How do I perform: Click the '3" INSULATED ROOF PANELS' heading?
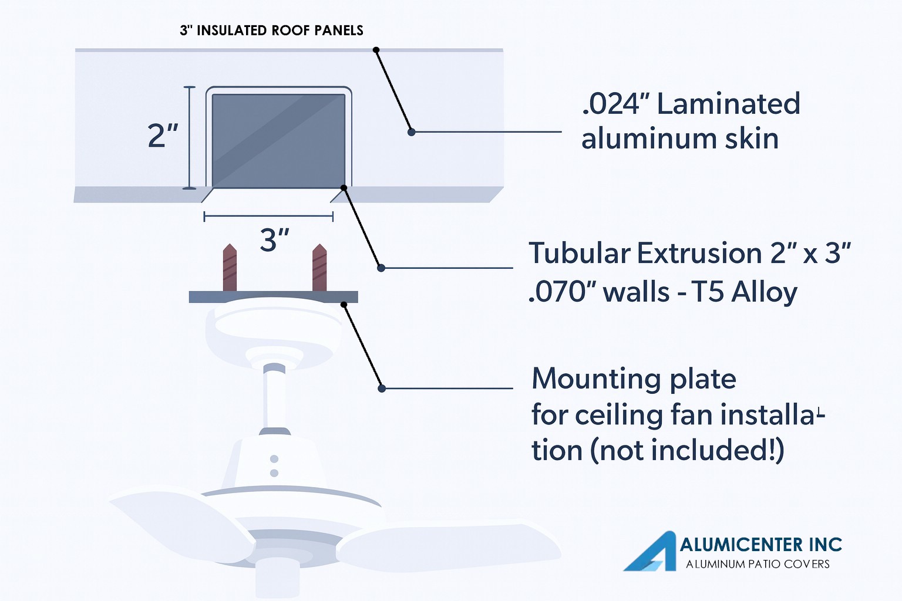pyautogui.click(x=271, y=31)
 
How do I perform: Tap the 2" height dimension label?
pyautogui.click(x=163, y=136)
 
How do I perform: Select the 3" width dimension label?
pyautogui.click(x=274, y=240)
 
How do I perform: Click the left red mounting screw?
pyautogui.click(x=230, y=267)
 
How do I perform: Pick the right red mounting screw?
pyautogui.click(x=319, y=267)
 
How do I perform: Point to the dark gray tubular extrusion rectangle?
pyautogui.click(x=279, y=140)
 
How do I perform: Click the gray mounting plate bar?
pyautogui.click(x=274, y=296)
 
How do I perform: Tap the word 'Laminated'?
pyautogui.click(x=728, y=104)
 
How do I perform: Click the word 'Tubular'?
pyautogui.click(x=580, y=253)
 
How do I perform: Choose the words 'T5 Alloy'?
pyautogui.click(x=744, y=293)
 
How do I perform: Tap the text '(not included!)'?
pyautogui.click(x=688, y=450)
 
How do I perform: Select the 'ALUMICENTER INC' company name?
pyautogui.click(x=760, y=545)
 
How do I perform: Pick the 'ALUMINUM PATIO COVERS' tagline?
pyautogui.click(x=758, y=564)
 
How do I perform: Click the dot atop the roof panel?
pyautogui.click(x=376, y=50)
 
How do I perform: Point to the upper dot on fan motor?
pyautogui.click(x=274, y=459)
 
